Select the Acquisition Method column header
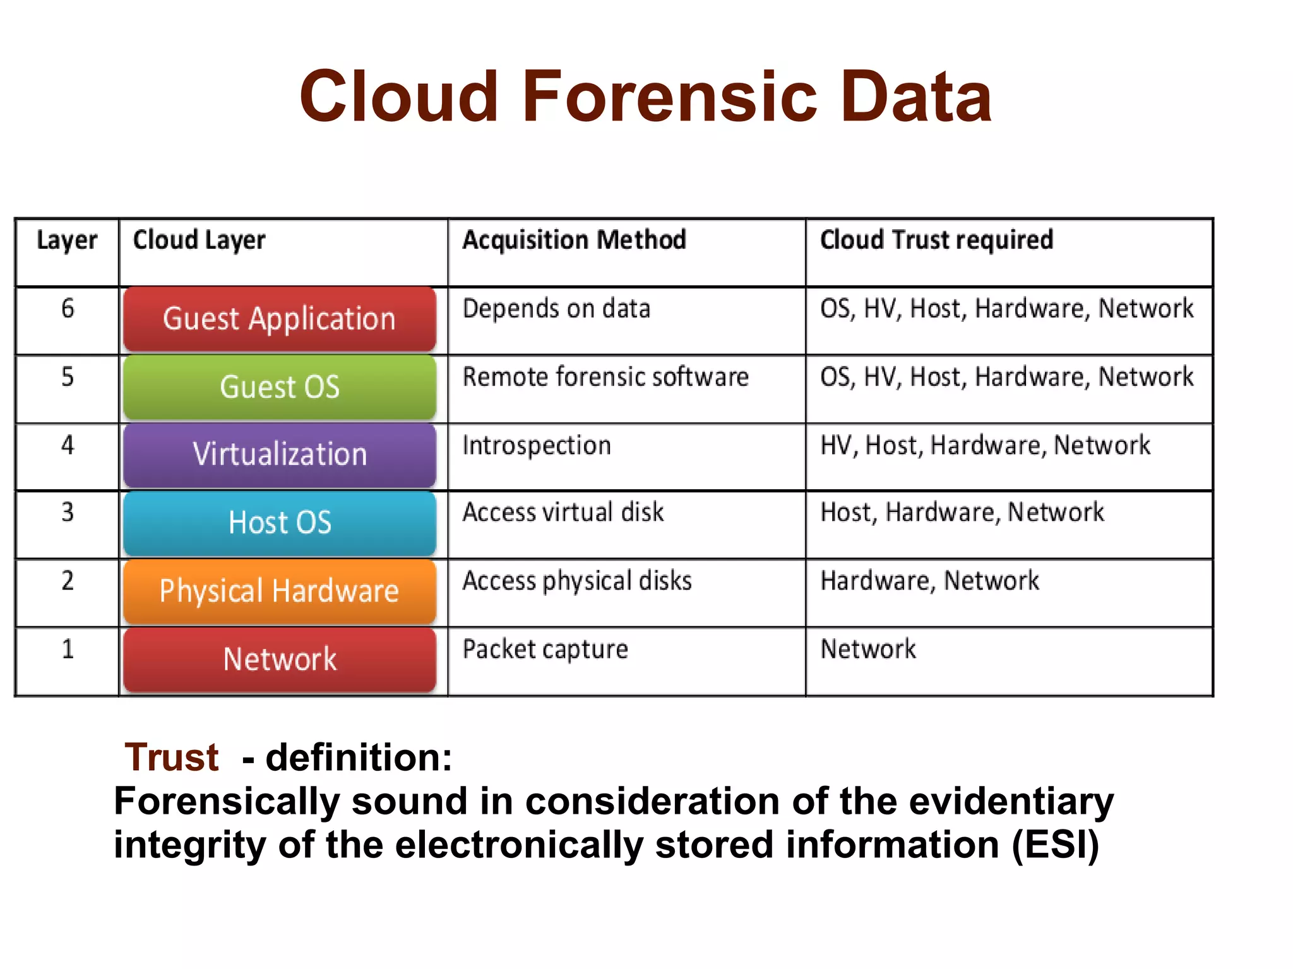(574, 241)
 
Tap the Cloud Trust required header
(936, 241)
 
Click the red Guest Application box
(280, 319)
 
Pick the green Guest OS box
(280, 387)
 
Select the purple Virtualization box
(280, 455)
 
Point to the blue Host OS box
(280, 523)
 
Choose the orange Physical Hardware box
(280, 592)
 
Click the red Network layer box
(280, 660)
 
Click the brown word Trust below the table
(172, 757)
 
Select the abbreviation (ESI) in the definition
(1055, 845)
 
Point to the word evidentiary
(1011, 802)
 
